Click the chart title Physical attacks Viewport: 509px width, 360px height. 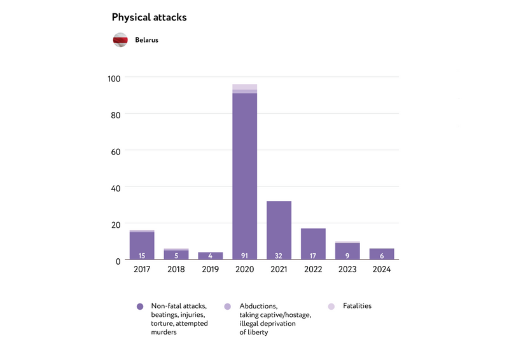pyautogui.click(x=149, y=17)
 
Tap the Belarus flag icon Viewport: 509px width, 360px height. pyautogui.click(x=121, y=40)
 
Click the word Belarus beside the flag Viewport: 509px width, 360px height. pyautogui.click(x=146, y=40)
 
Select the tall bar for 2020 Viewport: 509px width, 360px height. pyautogui.click(x=244, y=172)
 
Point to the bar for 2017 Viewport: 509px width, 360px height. pyautogui.click(x=142, y=246)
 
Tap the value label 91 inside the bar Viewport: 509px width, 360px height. pyautogui.click(x=244, y=256)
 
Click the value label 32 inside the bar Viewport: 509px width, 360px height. pyautogui.click(x=279, y=256)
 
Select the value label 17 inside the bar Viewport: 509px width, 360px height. pyautogui.click(x=313, y=256)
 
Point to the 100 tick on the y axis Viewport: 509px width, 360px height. pyautogui.click(x=114, y=78)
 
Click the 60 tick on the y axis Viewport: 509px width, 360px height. pyautogui.click(x=116, y=151)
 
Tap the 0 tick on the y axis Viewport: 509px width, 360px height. pyautogui.click(x=118, y=261)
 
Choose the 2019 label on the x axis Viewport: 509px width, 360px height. pyautogui.click(x=210, y=270)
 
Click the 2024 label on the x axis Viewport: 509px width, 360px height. pyautogui.click(x=382, y=270)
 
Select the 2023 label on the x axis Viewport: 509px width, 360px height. pyautogui.click(x=347, y=270)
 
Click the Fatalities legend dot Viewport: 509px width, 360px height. pyautogui.click(x=331, y=307)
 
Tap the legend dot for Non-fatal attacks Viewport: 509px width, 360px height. pyautogui.click(x=140, y=307)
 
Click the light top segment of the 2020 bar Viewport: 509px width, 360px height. pyautogui.click(x=244, y=87)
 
